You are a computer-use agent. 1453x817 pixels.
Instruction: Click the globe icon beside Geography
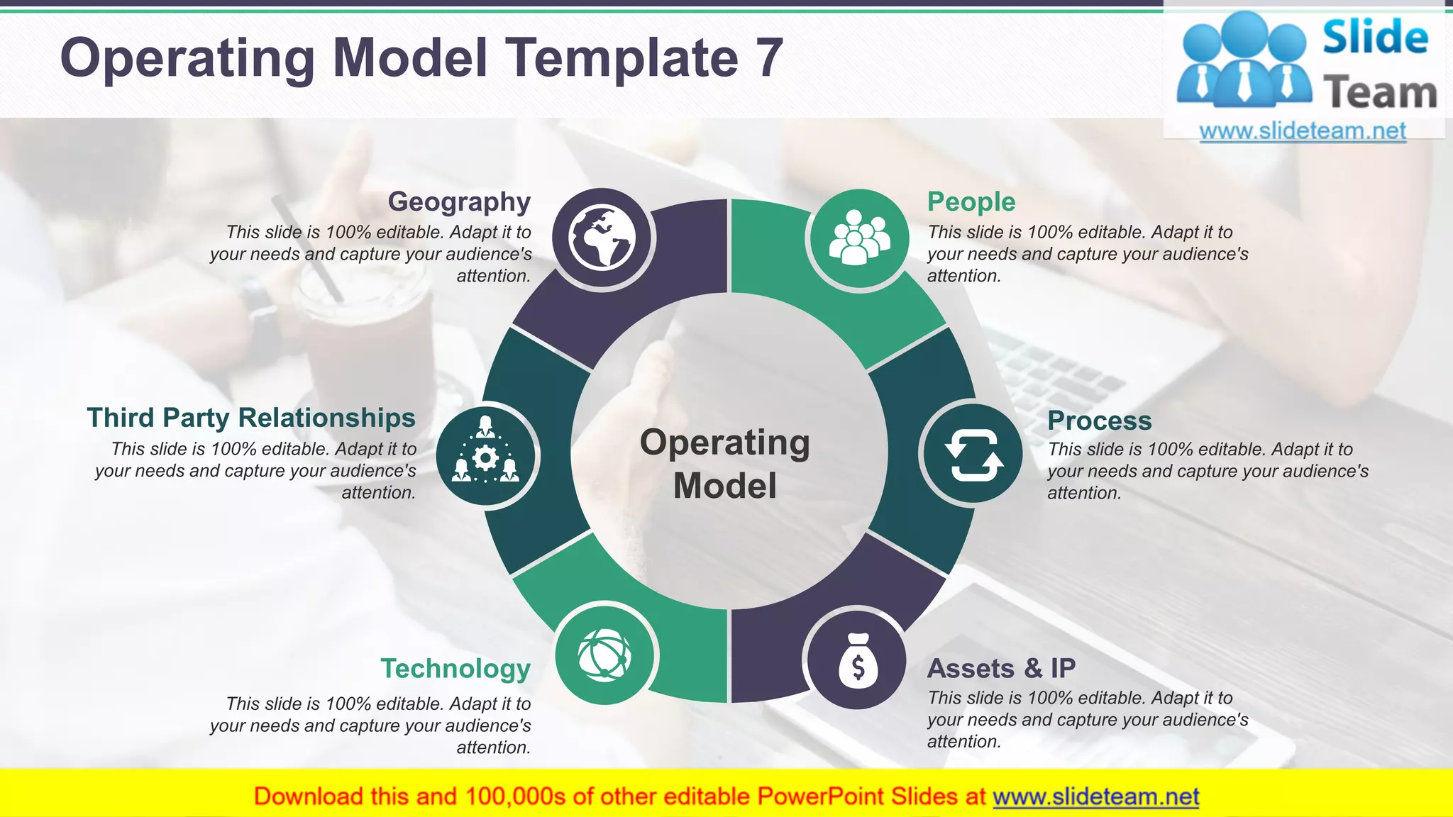click(x=602, y=238)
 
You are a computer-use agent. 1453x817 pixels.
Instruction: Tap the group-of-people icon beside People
click(x=858, y=239)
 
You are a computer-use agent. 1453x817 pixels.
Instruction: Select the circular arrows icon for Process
click(x=973, y=454)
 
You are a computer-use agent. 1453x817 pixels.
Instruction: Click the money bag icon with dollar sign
click(x=857, y=660)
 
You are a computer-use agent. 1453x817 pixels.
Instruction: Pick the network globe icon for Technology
click(x=604, y=654)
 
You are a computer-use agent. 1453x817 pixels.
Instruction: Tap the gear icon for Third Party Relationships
click(x=486, y=457)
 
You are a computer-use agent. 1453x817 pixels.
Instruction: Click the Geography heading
click(x=459, y=202)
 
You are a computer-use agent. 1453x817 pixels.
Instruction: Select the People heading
click(x=971, y=202)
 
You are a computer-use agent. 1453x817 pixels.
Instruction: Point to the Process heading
click(x=1099, y=421)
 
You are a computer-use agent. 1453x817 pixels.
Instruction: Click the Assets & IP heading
click(x=1000, y=668)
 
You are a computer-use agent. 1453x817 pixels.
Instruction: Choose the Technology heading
click(x=455, y=668)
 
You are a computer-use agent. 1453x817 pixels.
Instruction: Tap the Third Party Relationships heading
click(x=251, y=418)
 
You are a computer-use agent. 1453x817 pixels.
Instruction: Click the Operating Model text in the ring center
click(x=725, y=464)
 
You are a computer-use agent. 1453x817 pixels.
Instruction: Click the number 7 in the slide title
click(x=768, y=58)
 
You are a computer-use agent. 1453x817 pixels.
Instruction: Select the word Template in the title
click(x=621, y=58)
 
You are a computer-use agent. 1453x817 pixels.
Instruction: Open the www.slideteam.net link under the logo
click(x=1303, y=131)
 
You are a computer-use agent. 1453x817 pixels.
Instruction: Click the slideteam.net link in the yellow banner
click(x=1095, y=796)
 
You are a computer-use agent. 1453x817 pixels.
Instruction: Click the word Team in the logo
click(x=1379, y=93)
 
